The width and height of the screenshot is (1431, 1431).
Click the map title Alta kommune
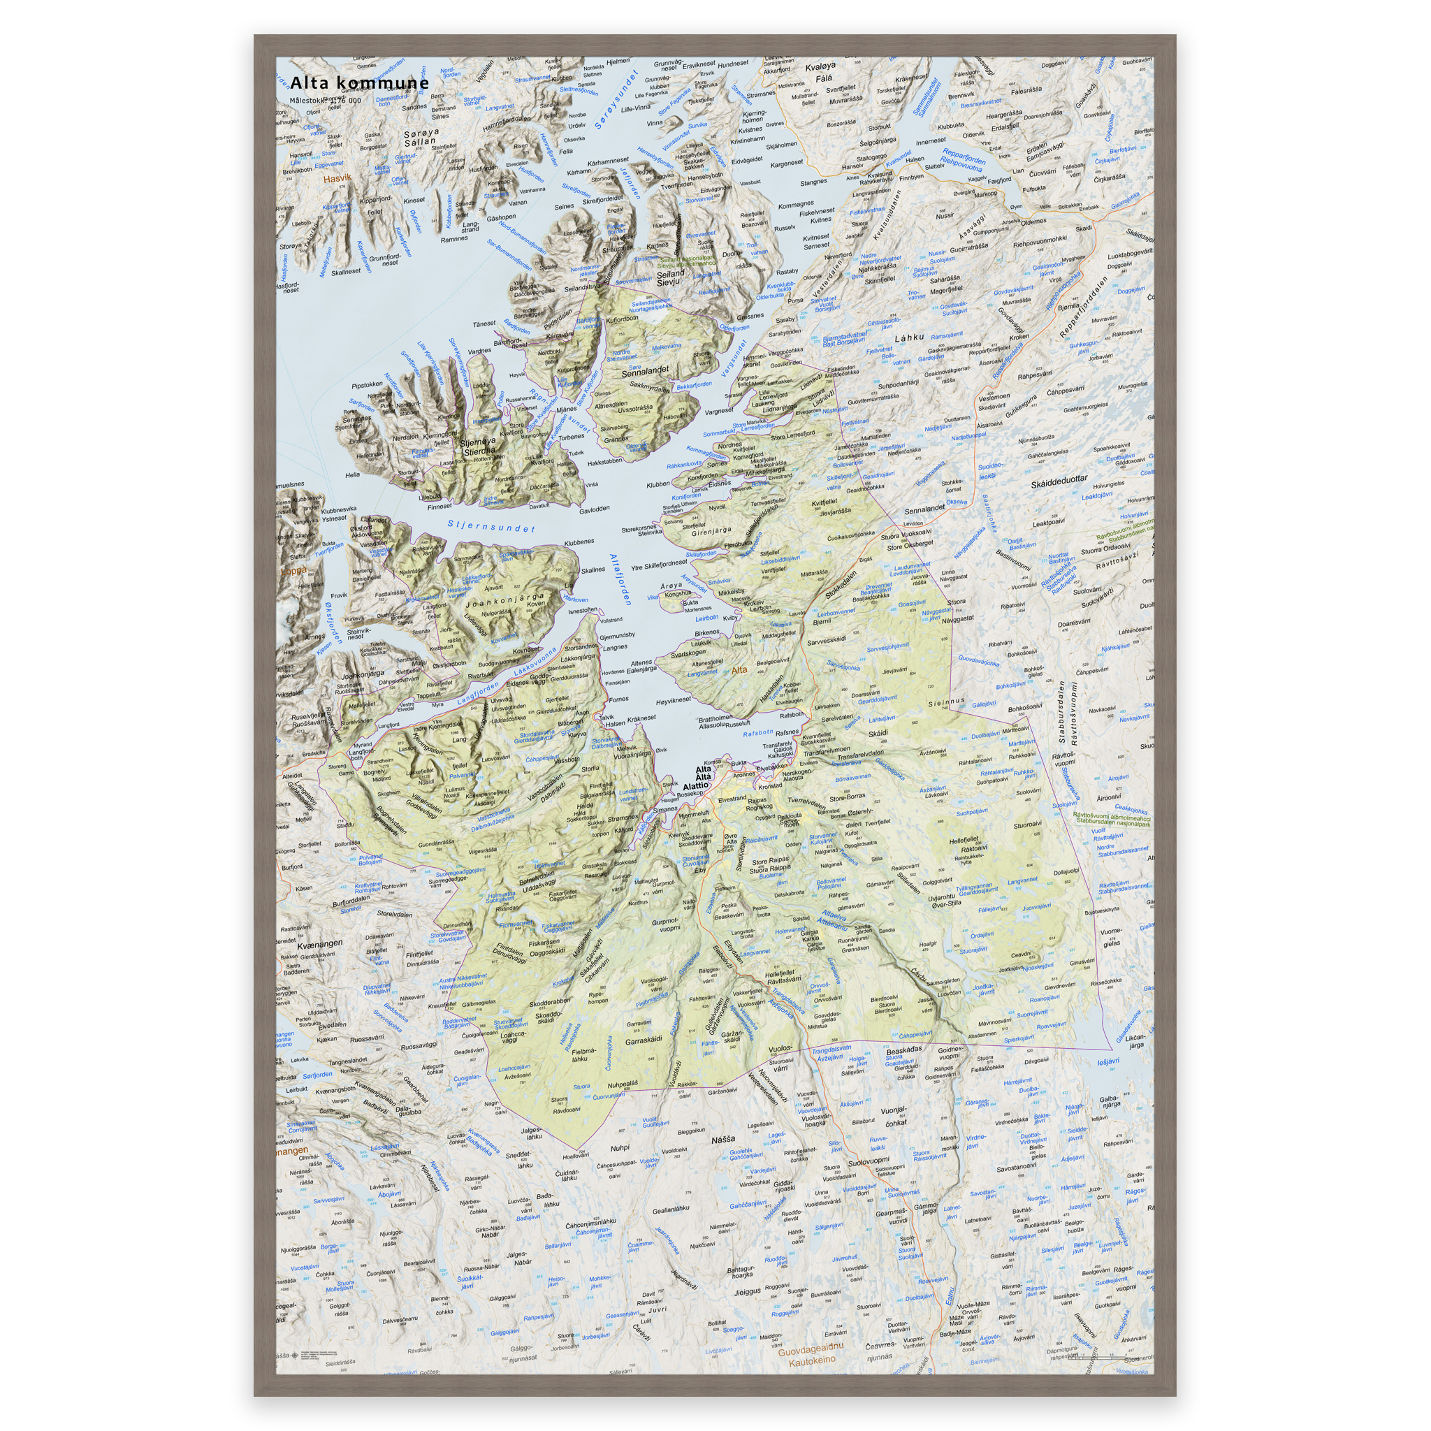click(x=359, y=83)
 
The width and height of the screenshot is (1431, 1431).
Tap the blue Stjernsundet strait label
click(x=491, y=527)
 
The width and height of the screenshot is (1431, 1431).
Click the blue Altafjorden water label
click(x=619, y=579)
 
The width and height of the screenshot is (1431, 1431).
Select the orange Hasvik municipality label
click(x=337, y=178)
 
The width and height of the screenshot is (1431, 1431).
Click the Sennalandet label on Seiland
click(x=644, y=370)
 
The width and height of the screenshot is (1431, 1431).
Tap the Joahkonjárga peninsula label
click(x=504, y=599)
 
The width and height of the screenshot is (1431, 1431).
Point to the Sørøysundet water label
click(x=616, y=100)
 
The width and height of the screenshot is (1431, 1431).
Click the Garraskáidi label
click(x=643, y=1040)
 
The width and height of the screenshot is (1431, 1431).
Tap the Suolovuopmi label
click(x=868, y=1162)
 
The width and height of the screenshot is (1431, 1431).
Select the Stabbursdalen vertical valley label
click(x=1061, y=712)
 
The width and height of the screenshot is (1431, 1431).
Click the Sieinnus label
click(x=947, y=701)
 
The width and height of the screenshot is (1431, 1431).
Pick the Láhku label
click(x=910, y=337)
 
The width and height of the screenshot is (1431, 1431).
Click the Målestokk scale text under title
click(x=325, y=101)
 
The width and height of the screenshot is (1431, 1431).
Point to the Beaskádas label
click(x=904, y=1049)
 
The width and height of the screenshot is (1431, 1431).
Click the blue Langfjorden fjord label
click(x=477, y=694)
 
